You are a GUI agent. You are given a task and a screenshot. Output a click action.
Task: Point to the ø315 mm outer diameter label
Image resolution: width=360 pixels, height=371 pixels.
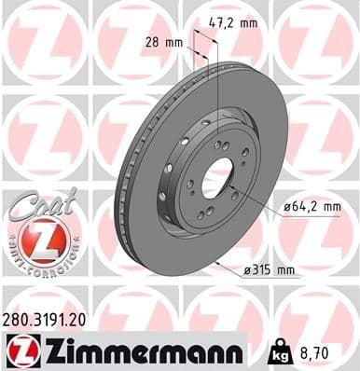point(270,270)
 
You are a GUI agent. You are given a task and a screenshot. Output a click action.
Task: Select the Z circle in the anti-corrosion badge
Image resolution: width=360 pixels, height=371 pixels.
point(35,245)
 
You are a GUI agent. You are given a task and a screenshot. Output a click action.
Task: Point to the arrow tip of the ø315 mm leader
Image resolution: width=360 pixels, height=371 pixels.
point(217,265)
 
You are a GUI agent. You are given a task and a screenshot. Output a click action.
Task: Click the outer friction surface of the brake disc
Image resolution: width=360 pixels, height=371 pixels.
point(261,121)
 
